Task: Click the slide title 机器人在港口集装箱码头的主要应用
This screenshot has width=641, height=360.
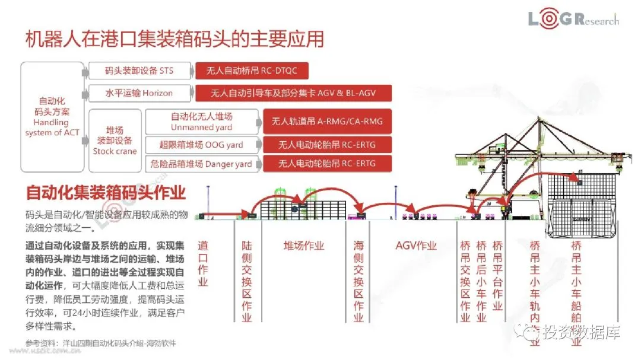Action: (174, 39)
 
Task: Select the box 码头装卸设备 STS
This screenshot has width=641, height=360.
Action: (139, 71)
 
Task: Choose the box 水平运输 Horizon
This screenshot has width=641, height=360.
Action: (139, 93)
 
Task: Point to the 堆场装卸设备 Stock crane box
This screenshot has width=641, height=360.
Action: (115, 140)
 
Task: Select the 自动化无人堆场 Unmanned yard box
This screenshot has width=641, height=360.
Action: (202, 122)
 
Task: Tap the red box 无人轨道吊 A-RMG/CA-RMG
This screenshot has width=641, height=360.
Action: (327, 122)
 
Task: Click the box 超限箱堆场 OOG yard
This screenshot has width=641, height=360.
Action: (202, 145)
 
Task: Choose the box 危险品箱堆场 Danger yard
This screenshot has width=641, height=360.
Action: (202, 164)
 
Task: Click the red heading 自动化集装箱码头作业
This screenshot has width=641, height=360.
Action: (106, 193)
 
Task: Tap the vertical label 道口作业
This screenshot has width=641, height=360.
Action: (203, 263)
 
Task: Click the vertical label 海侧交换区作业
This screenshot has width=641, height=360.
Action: (358, 281)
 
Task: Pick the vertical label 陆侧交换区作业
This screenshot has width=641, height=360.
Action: (247, 281)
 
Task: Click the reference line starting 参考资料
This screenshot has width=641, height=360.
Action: (101, 343)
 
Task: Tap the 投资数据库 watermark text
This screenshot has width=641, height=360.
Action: (582, 333)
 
